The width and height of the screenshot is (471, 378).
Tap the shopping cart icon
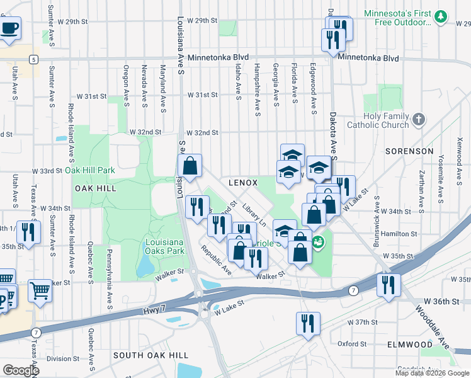[40, 291]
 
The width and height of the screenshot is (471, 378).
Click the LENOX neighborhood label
[243, 182]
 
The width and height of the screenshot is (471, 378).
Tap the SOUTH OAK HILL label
[142, 356]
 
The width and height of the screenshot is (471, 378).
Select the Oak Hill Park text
[90, 170]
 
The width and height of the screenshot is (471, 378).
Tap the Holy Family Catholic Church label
[387, 120]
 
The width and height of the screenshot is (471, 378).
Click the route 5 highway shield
[32, 59]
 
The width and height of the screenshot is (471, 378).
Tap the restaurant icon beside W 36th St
[389, 284]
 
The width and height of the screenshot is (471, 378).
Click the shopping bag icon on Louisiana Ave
[190, 167]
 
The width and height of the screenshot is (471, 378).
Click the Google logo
[20, 370]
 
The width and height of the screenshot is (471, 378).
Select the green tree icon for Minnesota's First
[442, 16]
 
